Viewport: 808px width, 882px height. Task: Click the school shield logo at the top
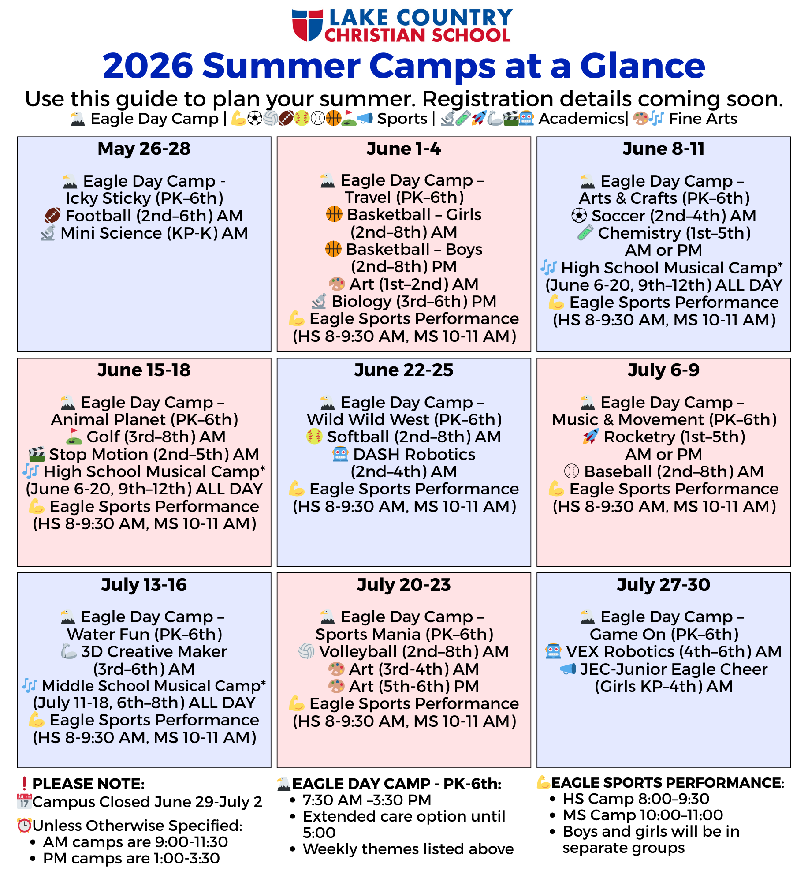(x=307, y=25)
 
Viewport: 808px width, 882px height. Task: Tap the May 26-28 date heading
(x=144, y=149)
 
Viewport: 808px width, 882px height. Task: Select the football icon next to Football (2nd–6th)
(x=53, y=216)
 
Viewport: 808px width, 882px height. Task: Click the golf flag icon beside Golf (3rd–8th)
(x=74, y=437)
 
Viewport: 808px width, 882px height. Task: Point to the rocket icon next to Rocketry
(x=591, y=437)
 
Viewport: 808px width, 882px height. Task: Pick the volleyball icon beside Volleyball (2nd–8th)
(x=306, y=651)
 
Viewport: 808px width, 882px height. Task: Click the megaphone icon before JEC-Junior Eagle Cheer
(x=568, y=669)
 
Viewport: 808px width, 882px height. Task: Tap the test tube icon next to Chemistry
(x=585, y=233)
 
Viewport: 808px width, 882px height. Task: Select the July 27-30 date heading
(x=663, y=585)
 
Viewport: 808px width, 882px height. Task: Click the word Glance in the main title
(x=642, y=66)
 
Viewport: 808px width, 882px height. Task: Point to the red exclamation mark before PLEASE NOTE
(x=24, y=784)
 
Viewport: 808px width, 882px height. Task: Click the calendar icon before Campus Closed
(x=24, y=801)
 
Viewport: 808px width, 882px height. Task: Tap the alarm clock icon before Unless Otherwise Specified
(x=24, y=825)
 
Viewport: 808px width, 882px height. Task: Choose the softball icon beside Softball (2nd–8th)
(x=314, y=437)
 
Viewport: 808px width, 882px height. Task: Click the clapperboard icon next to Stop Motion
(x=37, y=454)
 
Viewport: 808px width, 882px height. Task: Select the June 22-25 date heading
(x=404, y=370)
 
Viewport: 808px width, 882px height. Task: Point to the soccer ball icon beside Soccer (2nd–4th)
(x=579, y=216)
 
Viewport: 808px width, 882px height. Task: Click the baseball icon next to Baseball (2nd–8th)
(x=571, y=471)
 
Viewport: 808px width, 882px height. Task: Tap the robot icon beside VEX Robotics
(x=553, y=651)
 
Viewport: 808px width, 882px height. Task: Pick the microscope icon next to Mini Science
(x=48, y=233)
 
